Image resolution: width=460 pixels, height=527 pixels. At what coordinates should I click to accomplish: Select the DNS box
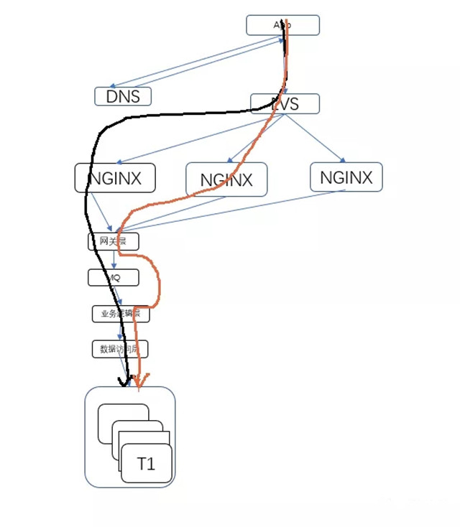coord(123,96)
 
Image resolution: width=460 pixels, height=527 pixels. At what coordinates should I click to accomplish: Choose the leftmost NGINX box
coord(115,177)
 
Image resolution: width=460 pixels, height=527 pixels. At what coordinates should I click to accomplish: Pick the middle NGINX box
coord(226,179)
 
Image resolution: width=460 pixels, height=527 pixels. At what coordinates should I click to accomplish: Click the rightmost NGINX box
coord(346,177)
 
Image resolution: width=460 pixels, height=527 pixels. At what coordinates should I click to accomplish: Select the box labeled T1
coord(147,464)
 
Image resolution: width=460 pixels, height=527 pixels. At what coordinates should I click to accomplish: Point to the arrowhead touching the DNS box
coord(113,86)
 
